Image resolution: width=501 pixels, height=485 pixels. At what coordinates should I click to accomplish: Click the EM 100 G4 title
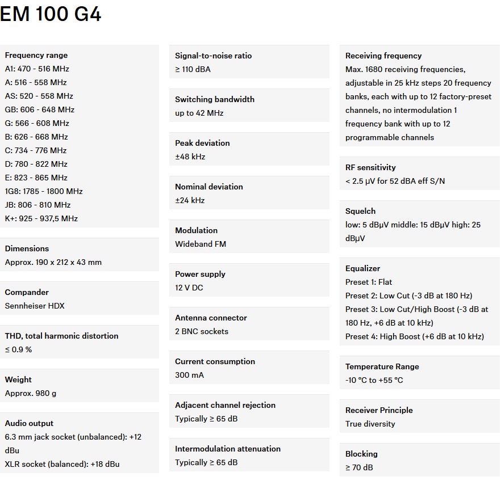(51, 14)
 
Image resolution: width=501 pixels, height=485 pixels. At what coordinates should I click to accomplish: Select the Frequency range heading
(36, 55)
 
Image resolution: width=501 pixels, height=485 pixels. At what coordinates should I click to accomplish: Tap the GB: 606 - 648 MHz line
(40, 109)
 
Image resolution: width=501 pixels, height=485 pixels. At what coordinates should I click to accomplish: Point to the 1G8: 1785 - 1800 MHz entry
(44, 191)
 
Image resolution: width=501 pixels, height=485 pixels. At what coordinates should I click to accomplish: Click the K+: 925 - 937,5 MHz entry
(41, 218)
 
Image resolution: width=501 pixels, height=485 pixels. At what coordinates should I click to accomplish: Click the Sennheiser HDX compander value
(35, 306)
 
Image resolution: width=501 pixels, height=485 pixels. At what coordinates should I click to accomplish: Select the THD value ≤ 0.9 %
(18, 349)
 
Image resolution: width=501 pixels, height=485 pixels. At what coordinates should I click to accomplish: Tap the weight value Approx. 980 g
(31, 393)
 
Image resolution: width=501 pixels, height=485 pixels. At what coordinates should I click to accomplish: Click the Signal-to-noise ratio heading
(213, 56)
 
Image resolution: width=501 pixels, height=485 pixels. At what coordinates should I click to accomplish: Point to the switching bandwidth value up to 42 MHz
(199, 113)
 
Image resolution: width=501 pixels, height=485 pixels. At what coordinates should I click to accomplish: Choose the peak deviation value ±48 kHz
(190, 157)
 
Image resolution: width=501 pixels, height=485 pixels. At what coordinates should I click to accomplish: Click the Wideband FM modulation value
(201, 244)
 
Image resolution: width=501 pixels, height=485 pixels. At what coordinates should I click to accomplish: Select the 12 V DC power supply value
(189, 288)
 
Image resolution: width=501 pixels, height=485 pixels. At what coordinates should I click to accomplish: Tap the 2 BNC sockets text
(202, 331)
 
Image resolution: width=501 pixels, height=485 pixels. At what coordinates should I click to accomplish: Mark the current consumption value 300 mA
(189, 375)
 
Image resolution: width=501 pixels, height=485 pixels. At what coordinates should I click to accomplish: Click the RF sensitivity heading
(370, 167)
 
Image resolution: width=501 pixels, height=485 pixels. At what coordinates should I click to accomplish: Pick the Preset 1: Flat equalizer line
(369, 282)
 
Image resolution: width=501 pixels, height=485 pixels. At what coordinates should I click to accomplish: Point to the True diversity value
(370, 424)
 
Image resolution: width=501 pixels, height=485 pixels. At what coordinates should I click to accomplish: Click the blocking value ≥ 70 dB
(359, 467)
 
